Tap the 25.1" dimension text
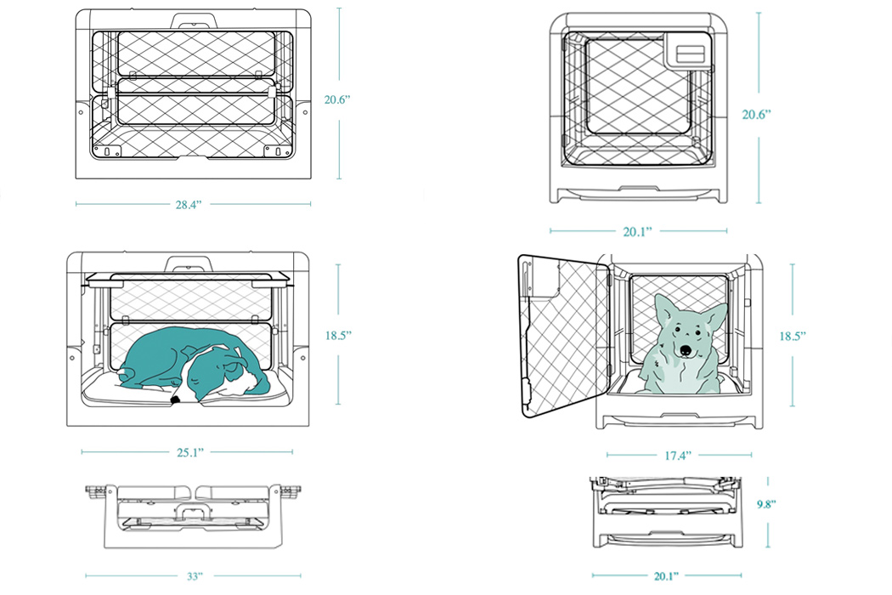coord(189,452)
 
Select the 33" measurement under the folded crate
coord(195,576)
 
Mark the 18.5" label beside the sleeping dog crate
coord(337,336)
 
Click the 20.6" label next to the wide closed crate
coord(336,99)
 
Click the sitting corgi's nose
coord(684,349)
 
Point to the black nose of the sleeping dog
coord(174,398)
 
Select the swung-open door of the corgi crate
coord(563,336)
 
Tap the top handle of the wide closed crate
coord(195,19)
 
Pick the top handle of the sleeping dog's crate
coord(188,263)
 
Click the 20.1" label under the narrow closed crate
coord(638,230)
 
